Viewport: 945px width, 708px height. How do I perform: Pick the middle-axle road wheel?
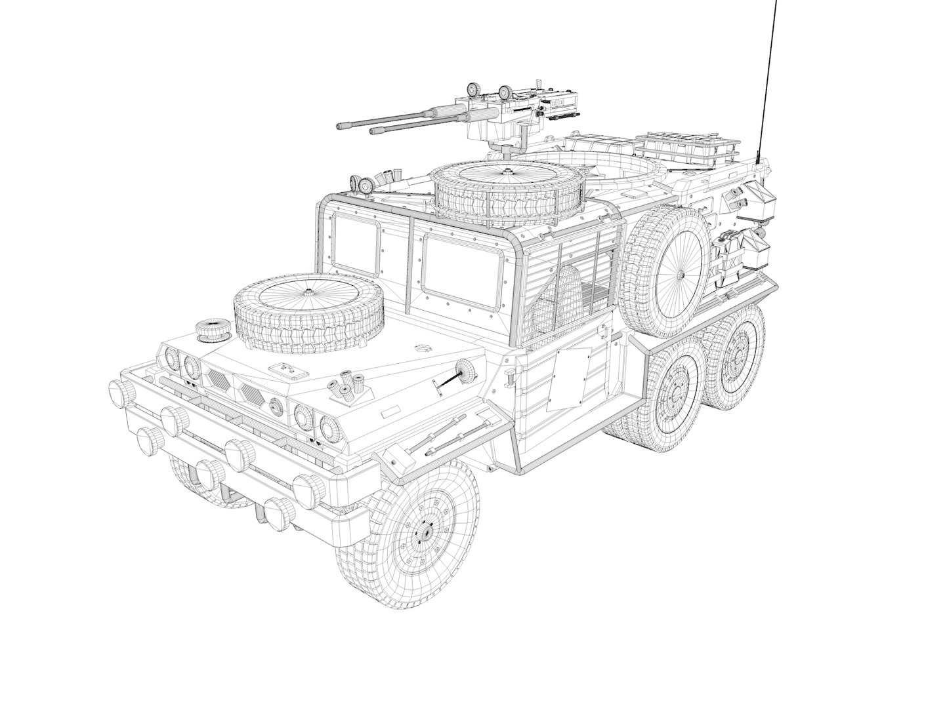(x=676, y=391)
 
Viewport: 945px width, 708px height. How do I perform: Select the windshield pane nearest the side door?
(x=457, y=272)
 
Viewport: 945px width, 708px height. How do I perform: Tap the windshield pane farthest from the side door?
(x=356, y=246)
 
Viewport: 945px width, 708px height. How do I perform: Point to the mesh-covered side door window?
(x=571, y=288)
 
